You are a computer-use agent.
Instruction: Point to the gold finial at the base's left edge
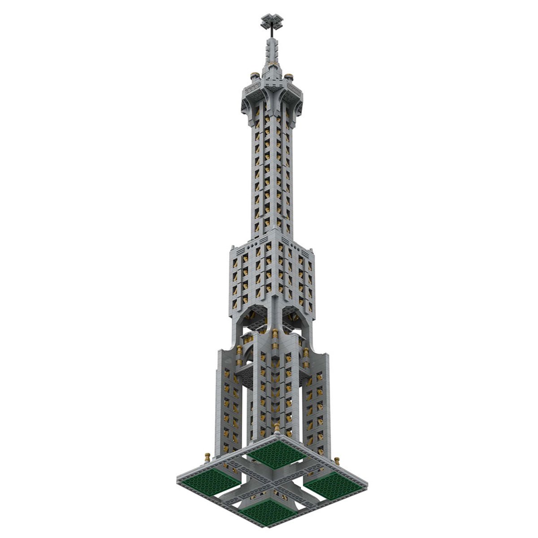point(207,457)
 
